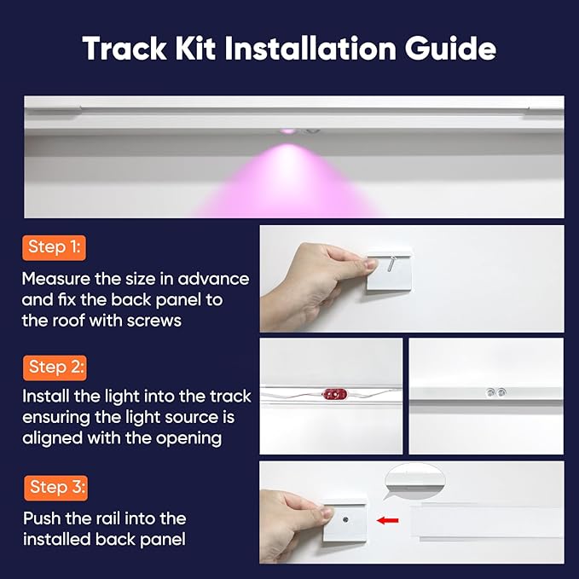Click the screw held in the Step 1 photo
(389, 263)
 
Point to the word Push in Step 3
(42, 518)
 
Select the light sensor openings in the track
(495, 391)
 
